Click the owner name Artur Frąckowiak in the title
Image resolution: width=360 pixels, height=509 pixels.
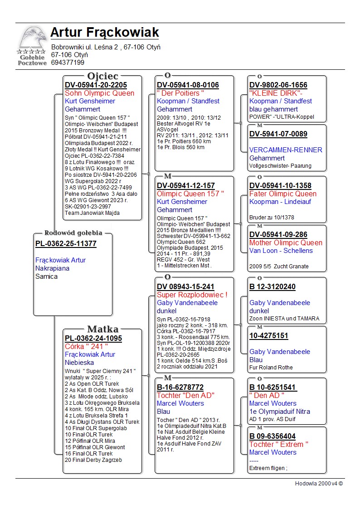tap(104, 33)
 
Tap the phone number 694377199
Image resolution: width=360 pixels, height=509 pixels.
tap(68, 63)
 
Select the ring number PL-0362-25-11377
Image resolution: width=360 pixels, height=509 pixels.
tap(66, 244)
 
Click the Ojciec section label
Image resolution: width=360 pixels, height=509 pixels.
tap(102, 76)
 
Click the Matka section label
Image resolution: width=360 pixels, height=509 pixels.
tap(102, 329)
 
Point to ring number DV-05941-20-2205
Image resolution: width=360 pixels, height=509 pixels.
tap(96, 85)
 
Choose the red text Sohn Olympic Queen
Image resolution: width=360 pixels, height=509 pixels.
tap(99, 93)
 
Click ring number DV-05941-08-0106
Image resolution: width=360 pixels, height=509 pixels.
tap(188, 85)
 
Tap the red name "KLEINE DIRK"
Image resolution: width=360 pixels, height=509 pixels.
tap(276, 93)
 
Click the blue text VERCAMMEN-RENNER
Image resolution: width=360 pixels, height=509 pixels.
tap(286, 150)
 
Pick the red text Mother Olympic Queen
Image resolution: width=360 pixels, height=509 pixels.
tap(286, 242)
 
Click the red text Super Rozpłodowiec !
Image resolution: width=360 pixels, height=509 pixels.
tap(192, 295)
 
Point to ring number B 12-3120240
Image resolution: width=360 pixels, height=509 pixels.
tap(272, 287)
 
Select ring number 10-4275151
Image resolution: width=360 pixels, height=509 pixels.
tap(268, 336)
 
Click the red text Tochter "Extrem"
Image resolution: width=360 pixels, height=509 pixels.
tap(279, 444)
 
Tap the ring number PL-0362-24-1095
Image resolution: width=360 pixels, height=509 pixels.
tap(93, 339)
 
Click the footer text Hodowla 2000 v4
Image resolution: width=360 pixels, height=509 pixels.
tap(319, 484)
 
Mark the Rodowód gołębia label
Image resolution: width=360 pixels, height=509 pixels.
tap(73, 233)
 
